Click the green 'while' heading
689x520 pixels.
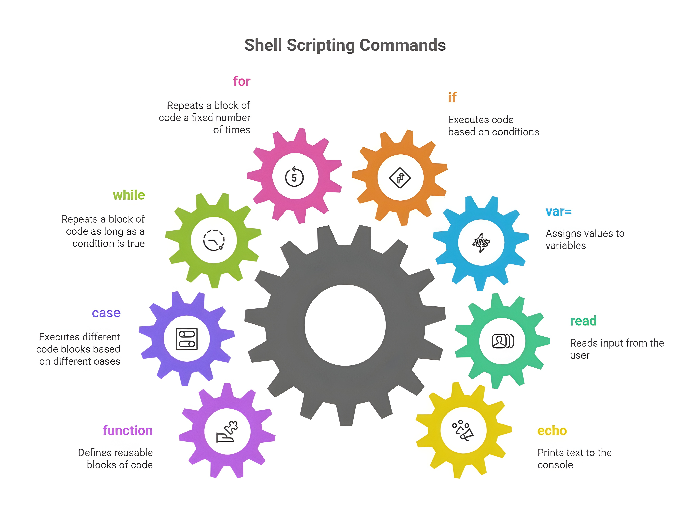click(x=129, y=195)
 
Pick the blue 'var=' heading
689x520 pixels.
click(x=559, y=212)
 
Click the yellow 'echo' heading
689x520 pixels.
click(x=552, y=431)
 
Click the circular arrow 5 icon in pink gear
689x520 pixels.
click(x=294, y=177)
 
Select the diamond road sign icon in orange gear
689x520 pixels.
click(x=400, y=178)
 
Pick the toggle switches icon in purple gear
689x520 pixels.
click(x=187, y=339)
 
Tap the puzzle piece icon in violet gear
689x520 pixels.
click(x=227, y=432)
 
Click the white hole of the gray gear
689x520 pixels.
click(x=345, y=325)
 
